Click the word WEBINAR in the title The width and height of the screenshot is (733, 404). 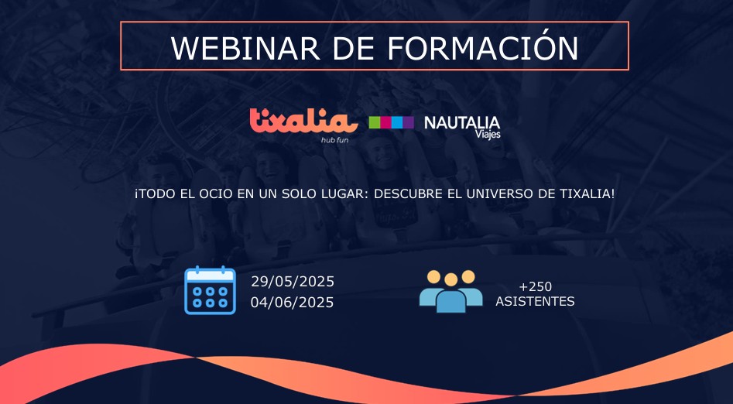coord(245,48)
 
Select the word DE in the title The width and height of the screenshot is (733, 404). coord(354,48)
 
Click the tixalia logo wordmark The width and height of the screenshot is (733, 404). coord(303,121)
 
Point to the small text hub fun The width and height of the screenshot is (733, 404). coord(334,140)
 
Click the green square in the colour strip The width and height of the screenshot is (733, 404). coord(374,122)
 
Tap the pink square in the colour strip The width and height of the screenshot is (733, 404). coord(385,122)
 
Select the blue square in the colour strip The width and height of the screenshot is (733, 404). coord(397,122)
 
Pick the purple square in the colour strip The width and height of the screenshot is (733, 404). coord(408,122)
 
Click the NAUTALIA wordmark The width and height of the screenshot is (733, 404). coord(462,123)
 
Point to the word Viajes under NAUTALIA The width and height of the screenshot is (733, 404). coord(488,134)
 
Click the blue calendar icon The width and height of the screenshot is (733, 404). coord(210,290)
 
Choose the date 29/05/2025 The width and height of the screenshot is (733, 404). coord(293,282)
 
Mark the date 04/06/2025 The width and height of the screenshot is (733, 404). coord(292,303)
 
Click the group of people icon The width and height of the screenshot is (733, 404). coord(450,291)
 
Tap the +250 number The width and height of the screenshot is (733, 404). coord(536,286)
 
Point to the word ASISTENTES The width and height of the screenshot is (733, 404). coord(536,302)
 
